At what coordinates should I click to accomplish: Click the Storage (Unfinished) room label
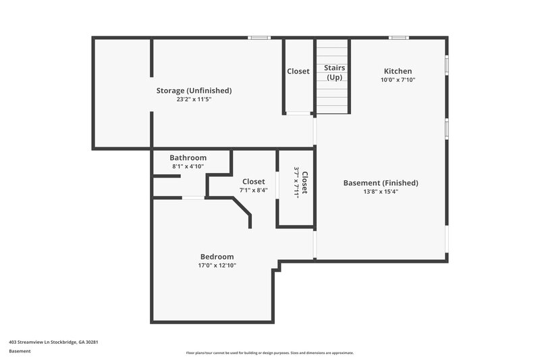(194, 91)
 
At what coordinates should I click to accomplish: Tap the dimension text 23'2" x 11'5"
(194, 99)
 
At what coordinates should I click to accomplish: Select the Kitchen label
(398, 71)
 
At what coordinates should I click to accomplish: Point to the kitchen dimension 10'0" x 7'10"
(398, 80)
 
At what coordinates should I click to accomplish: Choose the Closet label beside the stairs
(298, 72)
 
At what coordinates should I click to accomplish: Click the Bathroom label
(188, 157)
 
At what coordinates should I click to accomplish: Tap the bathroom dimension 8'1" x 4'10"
(188, 166)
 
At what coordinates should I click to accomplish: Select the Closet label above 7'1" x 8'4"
(253, 181)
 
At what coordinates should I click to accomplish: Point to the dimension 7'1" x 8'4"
(253, 190)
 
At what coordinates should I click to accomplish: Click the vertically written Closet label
(304, 182)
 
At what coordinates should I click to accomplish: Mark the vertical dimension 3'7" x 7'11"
(296, 182)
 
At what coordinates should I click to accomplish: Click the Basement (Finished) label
(381, 182)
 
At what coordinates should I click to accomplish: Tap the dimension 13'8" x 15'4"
(381, 191)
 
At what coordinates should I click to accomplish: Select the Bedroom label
(217, 257)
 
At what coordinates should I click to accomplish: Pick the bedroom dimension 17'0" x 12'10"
(217, 265)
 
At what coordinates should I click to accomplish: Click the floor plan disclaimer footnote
(269, 353)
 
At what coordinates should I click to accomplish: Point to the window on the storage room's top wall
(259, 38)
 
